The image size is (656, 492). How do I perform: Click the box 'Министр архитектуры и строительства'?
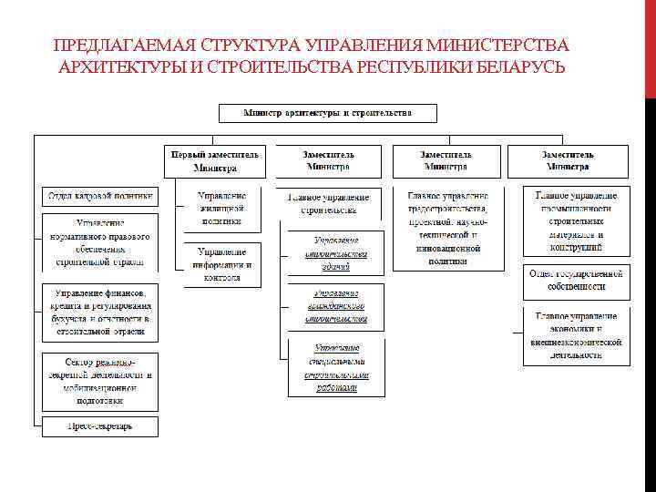point(327,113)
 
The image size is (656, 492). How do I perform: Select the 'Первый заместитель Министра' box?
point(216,161)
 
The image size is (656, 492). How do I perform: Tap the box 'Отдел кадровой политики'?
point(100,196)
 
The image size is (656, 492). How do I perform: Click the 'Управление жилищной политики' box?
point(222,208)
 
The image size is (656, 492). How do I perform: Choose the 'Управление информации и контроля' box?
point(222,264)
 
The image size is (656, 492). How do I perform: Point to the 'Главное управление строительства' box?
point(328,203)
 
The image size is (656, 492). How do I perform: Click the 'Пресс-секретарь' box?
point(100,425)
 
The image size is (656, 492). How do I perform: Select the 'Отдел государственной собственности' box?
point(577,280)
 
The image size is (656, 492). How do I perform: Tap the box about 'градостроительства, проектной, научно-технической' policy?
point(447,228)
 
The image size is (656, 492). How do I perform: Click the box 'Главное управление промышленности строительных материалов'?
point(577,221)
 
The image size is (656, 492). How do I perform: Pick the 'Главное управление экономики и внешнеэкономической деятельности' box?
point(577,335)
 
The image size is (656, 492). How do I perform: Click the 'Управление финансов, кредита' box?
point(100,313)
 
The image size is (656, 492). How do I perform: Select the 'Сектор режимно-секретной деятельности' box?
point(100,380)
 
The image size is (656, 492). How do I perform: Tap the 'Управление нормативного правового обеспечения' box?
point(100,242)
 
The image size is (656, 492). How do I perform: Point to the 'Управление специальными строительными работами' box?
point(335,367)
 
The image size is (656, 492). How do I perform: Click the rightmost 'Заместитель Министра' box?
point(569,161)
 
